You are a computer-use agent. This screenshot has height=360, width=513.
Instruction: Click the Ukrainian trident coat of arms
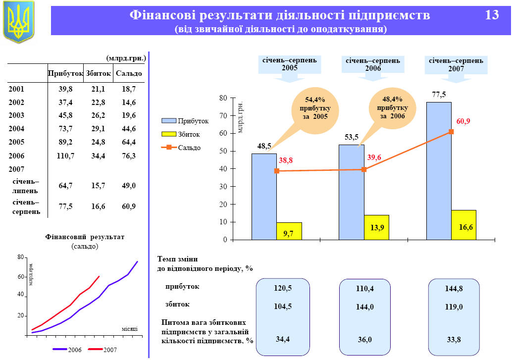[x=19, y=22]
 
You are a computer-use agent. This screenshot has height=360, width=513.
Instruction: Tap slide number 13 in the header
[x=492, y=15]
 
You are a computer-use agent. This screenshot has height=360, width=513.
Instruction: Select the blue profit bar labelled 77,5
[x=439, y=171]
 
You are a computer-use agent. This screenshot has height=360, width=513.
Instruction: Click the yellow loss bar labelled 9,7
[x=289, y=231]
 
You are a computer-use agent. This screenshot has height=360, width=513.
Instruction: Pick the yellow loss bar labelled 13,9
[x=376, y=227]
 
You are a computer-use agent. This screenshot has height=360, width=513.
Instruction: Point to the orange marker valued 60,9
[x=451, y=132]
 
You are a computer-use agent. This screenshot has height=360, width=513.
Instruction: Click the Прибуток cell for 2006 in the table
[x=65, y=156]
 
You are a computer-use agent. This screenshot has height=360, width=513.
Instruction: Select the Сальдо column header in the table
[x=129, y=73]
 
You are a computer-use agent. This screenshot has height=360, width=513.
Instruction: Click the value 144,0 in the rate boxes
[x=365, y=307]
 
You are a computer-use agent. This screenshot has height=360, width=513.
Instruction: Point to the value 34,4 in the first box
[x=283, y=339]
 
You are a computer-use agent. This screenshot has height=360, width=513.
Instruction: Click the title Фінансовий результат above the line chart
[x=85, y=237]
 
